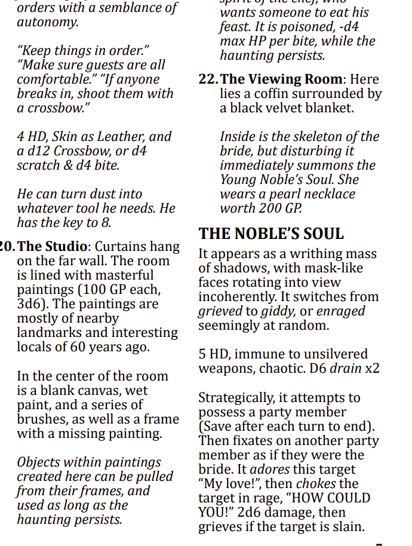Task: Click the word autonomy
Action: pyautogui.click(x=48, y=23)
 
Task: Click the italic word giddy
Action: pyautogui.click(x=279, y=311)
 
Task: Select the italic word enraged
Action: pyautogui.click(x=340, y=311)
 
